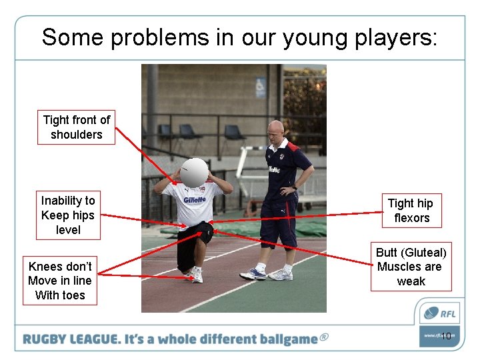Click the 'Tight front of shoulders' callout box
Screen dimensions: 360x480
coord(76,127)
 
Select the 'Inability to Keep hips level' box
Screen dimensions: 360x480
coord(68,215)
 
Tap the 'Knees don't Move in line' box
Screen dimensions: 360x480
coord(60,281)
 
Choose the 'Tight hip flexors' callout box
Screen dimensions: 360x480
coord(411,211)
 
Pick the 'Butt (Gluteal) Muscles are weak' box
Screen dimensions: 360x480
coord(411,267)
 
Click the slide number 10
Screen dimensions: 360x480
coord(446,336)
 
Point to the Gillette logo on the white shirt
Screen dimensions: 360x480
coord(195,199)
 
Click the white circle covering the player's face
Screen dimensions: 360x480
coord(195,172)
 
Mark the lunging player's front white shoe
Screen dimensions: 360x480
coord(195,274)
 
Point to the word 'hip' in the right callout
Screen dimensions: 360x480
coord(425,203)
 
